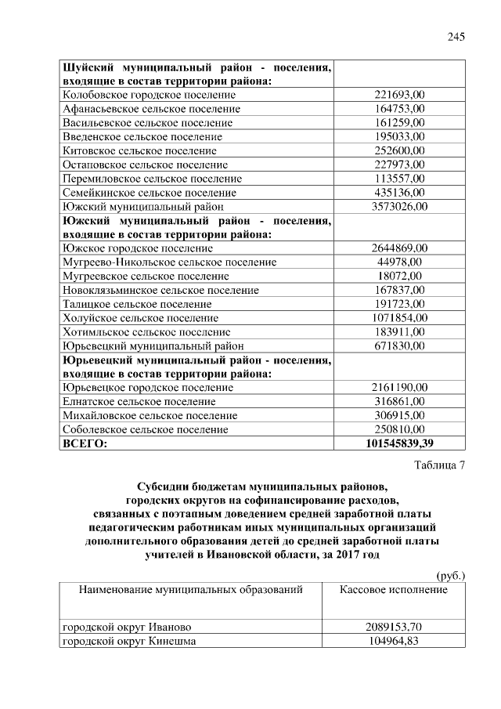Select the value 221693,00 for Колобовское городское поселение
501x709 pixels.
pos(399,95)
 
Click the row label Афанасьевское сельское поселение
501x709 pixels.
pos(150,109)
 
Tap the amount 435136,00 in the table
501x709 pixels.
pos(399,192)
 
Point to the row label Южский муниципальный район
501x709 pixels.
pos(142,207)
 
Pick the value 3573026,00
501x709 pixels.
pos(399,207)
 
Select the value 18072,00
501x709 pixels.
pos(399,276)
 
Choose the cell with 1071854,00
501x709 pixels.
pos(399,317)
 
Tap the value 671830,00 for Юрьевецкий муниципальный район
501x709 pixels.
pos(399,345)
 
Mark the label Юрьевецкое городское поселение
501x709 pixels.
pos(147,387)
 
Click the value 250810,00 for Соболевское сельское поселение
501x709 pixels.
pos(399,429)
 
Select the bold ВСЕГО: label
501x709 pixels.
pos(84,443)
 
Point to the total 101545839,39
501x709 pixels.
pos(399,443)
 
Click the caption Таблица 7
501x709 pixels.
pos(438,467)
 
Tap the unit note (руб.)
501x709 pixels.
pos(450,575)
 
